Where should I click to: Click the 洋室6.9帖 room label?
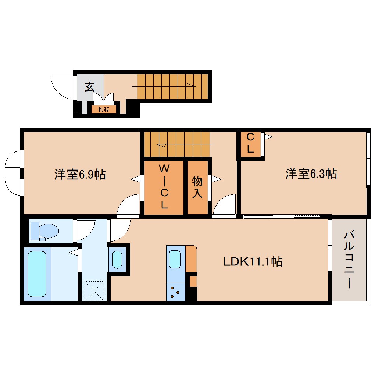point(80,174)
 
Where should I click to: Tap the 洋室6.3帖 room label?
point(311,173)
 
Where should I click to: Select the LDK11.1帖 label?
point(253,261)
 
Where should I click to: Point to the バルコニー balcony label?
point(349,259)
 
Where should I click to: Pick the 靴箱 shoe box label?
point(103,109)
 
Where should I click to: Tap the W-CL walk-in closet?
point(164,187)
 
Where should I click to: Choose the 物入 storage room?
point(197,187)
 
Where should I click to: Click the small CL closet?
point(250,143)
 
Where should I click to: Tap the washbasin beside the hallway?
point(117,259)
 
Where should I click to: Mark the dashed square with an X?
point(94,291)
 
